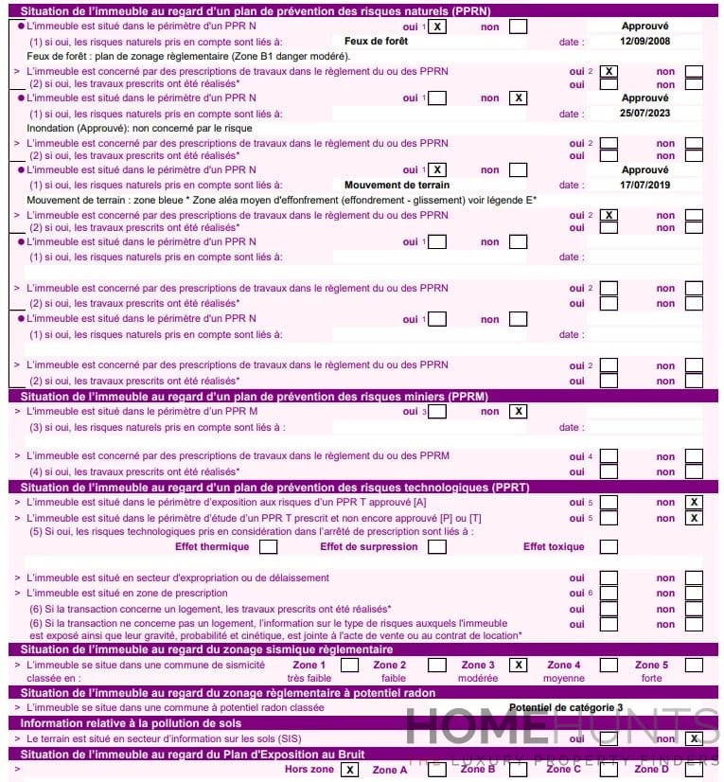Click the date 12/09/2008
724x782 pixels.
pyautogui.click(x=645, y=43)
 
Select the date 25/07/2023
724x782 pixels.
pyautogui.click(x=645, y=114)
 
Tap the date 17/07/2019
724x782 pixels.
pyautogui.click(x=645, y=185)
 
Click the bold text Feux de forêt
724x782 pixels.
pyautogui.click(x=375, y=43)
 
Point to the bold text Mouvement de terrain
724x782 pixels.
pyautogui.click(x=397, y=185)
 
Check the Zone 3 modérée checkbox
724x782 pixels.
pyautogui.click(x=518, y=665)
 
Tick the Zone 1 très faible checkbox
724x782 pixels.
pyautogui.click(x=349, y=665)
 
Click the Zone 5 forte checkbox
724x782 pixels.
pyautogui.click(x=694, y=665)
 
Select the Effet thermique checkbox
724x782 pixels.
pyautogui.click(x=269, y=546)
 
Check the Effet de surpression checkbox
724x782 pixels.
pyautogui.click(x=436, y=546)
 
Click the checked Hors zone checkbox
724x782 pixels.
pyautogui.click(x=350, y=770)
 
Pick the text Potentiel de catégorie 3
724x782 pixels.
pyautogui.click(x=566, y=707)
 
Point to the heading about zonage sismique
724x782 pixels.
pyautogui.click(x=206, y=649)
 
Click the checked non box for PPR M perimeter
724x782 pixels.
pyautogui.click(x=518, y=412)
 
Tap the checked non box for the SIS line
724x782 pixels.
pyautogui.click(x=694, y=738)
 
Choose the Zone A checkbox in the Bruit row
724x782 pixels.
pyautogui.click(x=436, y=770)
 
